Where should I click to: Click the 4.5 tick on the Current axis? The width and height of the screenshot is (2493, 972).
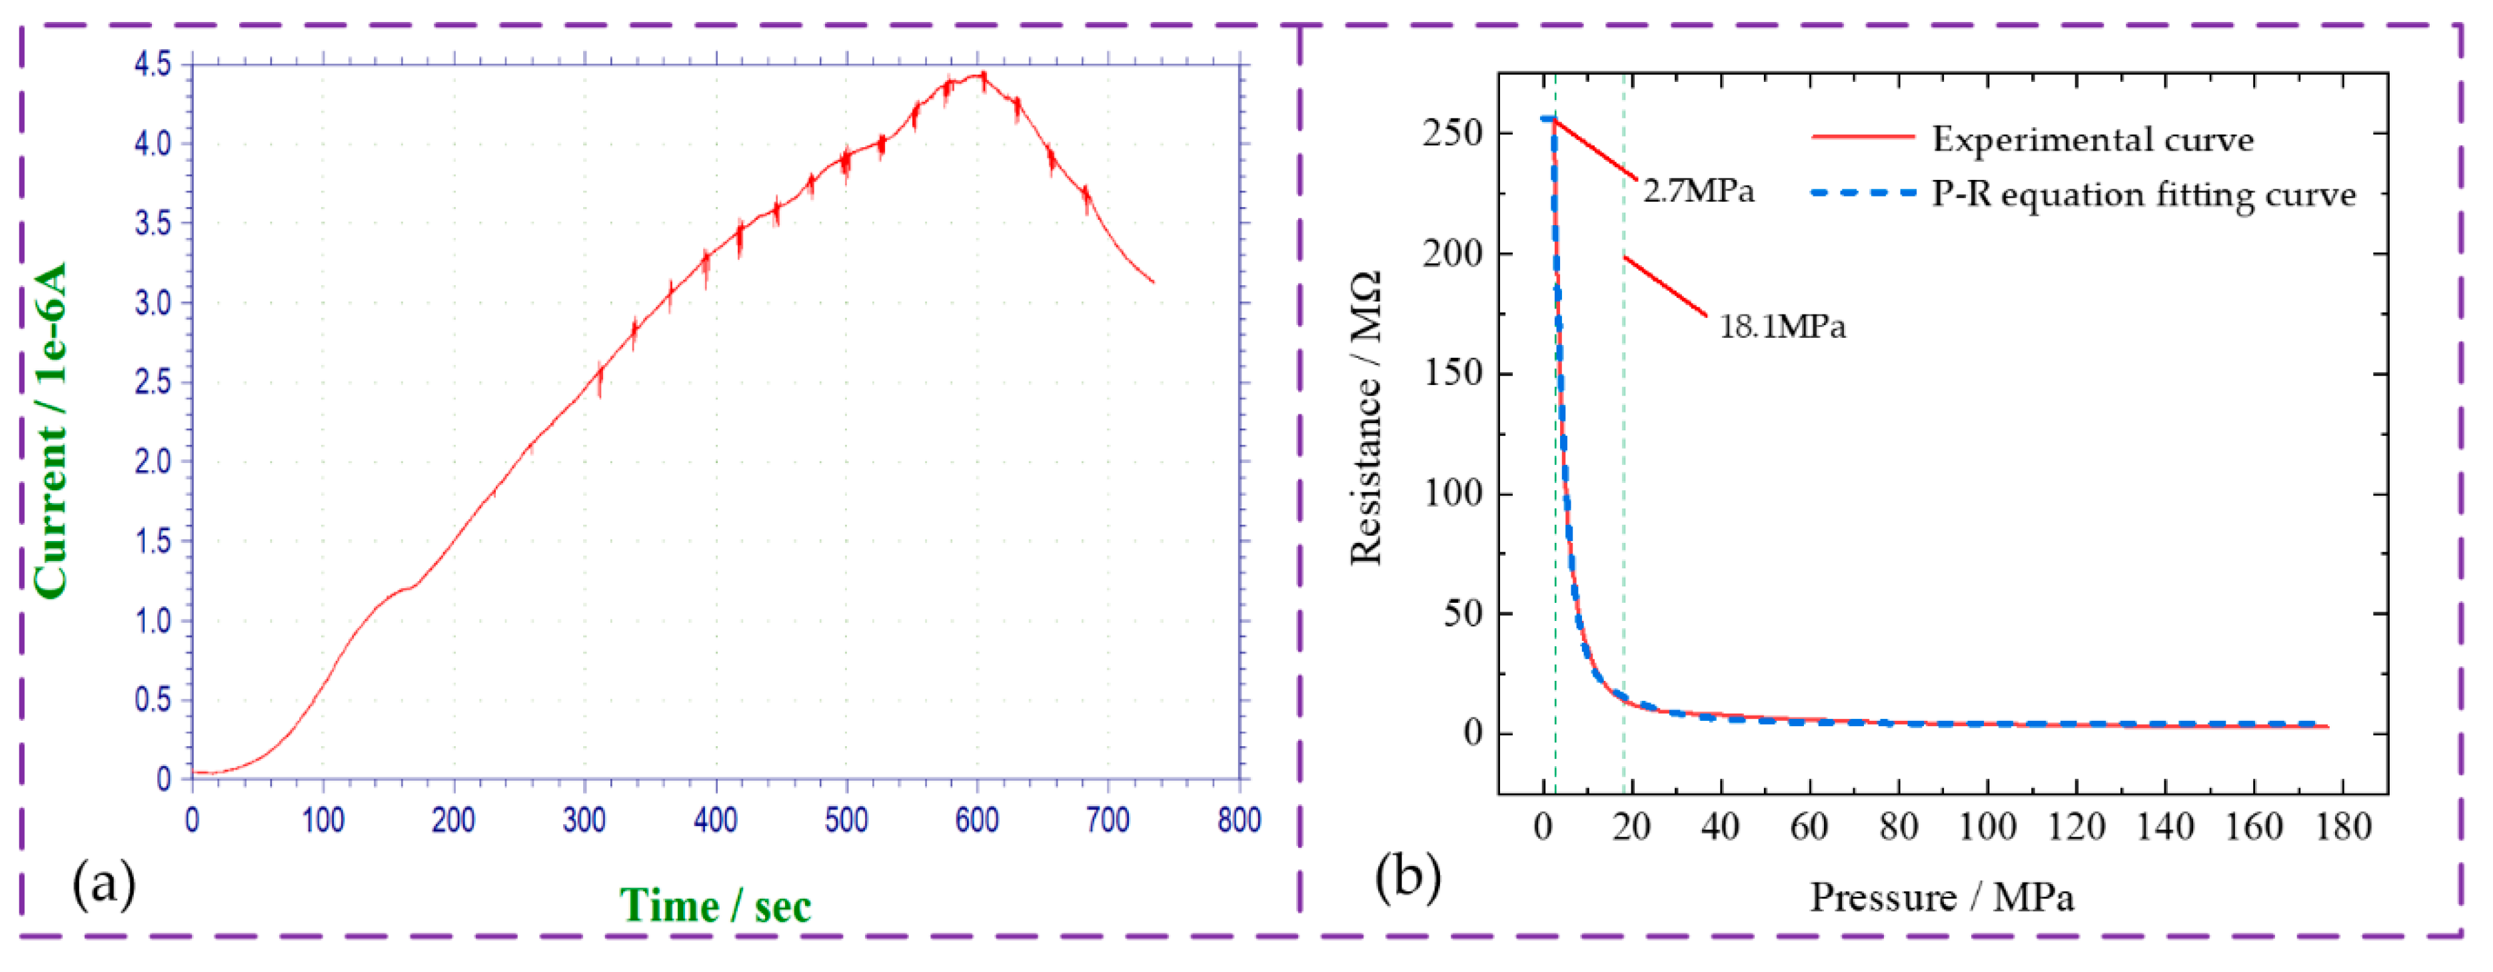pyautogui.click(x=153, y=65)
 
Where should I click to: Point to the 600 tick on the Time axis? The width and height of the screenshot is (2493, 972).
pyautogui.click(x=976, y=820)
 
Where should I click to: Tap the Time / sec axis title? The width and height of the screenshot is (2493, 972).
pyautogui.click(x=715, y=906)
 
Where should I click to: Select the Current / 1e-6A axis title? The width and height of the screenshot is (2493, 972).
pyautogui.click(x=51, y=430)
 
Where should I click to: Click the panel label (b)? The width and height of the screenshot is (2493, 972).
pyautogui.click(x=1408, y=875)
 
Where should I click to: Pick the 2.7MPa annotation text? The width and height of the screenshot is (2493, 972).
pyautogui.click(x=1699, y=191)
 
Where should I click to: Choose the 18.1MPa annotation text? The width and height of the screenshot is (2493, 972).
pyautogui.click(x=1782, y=326)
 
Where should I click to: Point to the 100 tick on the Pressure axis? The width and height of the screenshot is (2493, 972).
pyautogui.click(x=1987, y=827)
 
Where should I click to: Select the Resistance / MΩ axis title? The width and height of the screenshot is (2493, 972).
pyautogui.click(x=1365, y=418)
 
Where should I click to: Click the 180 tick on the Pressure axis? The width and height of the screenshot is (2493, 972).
pyautogui.click(x=2343, y=827)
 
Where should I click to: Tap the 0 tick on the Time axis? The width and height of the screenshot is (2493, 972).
pyautogui.click(x=193, y=820)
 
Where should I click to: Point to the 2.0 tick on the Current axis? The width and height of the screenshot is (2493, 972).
pyautogui.click(x=153, y=461)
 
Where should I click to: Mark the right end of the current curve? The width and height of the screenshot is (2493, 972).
pyautogui.click(x=1154, y=282)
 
